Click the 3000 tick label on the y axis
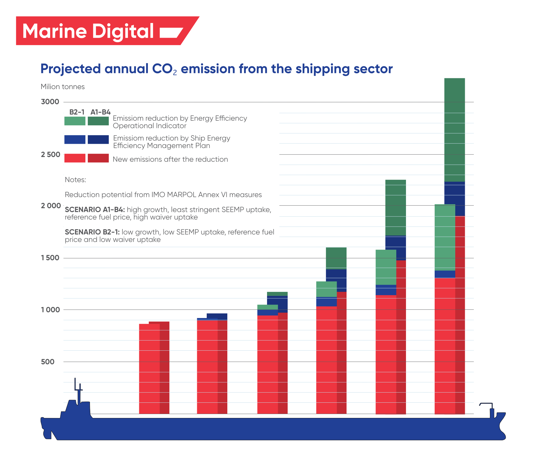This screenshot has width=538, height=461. click(x=50, y=102)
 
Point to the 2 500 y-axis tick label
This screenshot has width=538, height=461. click(x=50, y=155)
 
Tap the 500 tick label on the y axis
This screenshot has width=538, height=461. click(x=47, y=362)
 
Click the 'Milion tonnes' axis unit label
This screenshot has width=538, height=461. click(x=62, y=87)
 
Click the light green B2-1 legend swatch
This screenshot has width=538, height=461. click(x=75, y=121)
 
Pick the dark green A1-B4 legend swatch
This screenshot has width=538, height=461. click(x=98, y=121)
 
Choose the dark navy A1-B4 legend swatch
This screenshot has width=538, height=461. click(x=98, y=140)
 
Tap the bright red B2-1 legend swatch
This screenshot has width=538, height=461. click(x=75, y=158)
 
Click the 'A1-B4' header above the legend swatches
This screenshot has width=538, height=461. click(x=100, y=112)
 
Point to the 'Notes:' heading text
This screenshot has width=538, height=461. click(x=75, y=180)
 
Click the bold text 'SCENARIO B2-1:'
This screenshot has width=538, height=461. click(x=92, y=232)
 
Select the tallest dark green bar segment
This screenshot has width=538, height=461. click(x=454, y=130)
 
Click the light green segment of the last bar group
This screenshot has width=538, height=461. click(x=444, y=237)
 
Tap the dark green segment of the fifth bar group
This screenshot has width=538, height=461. click(x=396, y=207)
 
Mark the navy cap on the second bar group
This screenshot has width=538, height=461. click(x=217, y=316)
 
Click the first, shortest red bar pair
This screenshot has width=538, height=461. click(x=154, y=368)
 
